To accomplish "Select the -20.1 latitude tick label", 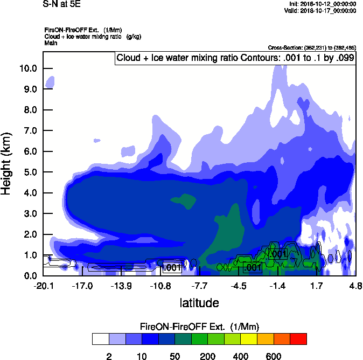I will tap(43, 286).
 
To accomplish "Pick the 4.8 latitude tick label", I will tap(355, 286).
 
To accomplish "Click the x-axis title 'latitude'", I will tap(199, 303).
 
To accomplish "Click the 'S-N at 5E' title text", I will tap(60, 4).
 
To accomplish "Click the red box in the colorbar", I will tap(298, 339).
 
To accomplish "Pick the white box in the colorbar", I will tap(100, 339).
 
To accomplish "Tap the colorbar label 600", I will tap(274, 356).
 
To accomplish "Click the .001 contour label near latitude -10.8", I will tap(172, 268).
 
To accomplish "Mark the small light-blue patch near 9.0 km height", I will tap(51, 82).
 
